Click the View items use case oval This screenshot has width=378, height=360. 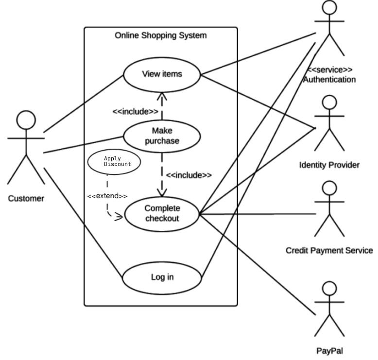pos(162,74)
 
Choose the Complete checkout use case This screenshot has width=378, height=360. pos(162,213)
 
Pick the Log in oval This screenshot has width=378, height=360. pos(162,278)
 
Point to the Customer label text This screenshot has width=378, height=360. pos(26,198)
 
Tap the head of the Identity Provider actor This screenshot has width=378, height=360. pos(329,103)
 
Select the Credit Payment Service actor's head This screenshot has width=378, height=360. pos(329,189)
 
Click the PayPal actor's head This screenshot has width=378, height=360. pos(329,290)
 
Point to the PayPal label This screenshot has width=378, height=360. pos(329,350)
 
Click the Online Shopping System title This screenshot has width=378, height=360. pos(160,35)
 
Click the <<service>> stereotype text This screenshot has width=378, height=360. pos(329,69)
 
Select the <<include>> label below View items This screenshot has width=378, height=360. pos(135,111)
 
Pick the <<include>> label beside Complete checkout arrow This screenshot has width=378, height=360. pos(189,175)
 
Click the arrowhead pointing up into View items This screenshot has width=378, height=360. pos(162,96)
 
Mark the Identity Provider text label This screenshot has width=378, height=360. pos(329,165)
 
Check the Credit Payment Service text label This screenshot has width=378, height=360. pos(329,251)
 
